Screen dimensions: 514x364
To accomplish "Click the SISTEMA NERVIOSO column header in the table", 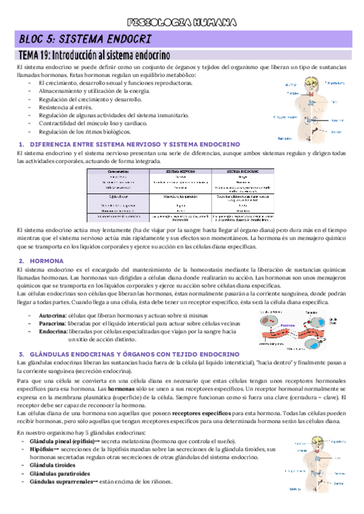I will coord(180,172).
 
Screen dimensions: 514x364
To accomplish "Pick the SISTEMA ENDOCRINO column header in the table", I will coord(241,172).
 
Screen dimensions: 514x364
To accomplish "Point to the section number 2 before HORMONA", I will coord(21,261).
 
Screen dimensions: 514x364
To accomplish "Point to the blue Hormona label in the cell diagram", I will coord(288,324).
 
